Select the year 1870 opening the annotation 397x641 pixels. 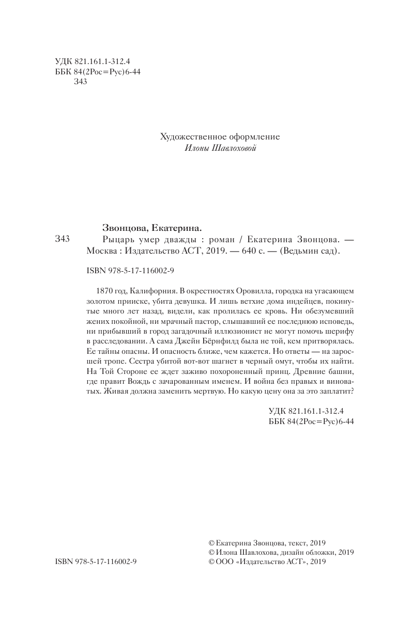(x=105, y=291)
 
